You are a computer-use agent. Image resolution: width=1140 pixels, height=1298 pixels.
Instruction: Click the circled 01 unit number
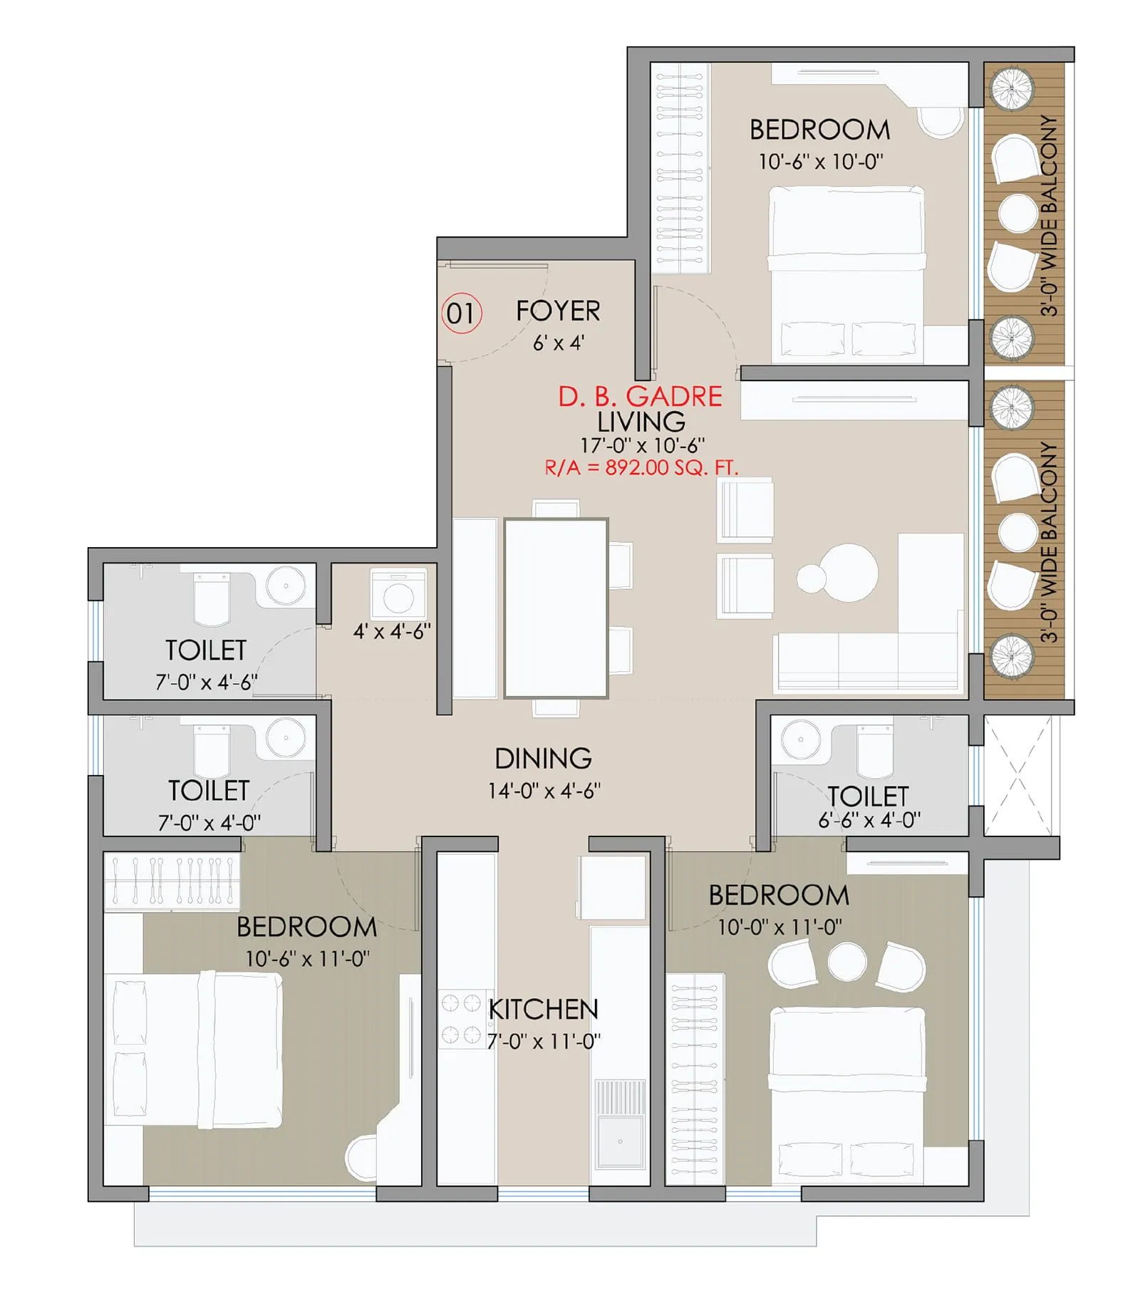coord(461,313)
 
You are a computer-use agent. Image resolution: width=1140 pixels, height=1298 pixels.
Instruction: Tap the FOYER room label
coord(558,311)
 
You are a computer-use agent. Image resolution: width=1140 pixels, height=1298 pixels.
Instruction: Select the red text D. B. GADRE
coord(639,396)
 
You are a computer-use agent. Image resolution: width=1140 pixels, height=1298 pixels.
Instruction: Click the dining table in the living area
coord(556,608)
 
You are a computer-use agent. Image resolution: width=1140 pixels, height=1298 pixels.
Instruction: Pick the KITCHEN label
coord(544,1009)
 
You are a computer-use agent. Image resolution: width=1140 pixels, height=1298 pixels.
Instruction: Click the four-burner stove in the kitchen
coord(461,1019)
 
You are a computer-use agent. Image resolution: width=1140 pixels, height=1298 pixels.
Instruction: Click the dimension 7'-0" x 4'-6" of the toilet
coord(206,682)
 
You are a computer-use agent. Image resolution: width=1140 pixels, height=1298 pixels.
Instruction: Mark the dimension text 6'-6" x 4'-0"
coord(869,820)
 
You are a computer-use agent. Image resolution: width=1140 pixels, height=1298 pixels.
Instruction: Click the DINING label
coord(543,758)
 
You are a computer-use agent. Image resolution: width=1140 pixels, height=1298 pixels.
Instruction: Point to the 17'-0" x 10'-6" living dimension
coord(642,445)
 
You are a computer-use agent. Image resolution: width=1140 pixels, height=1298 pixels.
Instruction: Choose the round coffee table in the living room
coord(848,573)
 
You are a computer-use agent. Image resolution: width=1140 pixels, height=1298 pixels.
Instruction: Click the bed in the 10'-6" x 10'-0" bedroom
coord(846,274)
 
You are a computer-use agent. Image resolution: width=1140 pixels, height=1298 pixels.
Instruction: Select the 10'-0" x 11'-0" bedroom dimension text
coord(779,927)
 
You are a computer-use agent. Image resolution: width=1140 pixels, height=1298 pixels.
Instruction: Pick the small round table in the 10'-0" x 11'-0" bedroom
coord(847,960)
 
